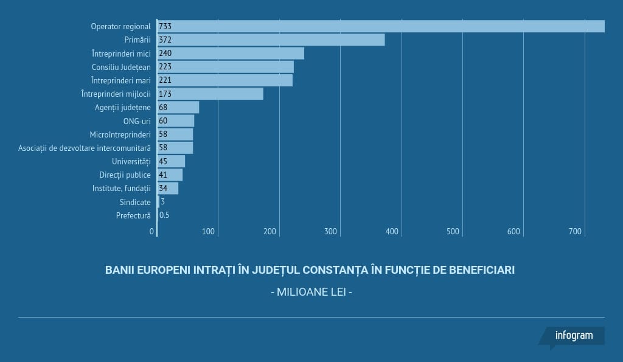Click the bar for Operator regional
point(381,26)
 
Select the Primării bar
point(271,40)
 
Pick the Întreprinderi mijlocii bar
point(211,94)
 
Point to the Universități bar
point(172,161)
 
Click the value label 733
point(165,26)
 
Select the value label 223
point(165,67)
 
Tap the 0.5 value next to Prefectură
point(164,215)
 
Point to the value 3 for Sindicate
point(162,201)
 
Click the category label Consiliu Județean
point(121,67)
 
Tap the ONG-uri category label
point(137,121)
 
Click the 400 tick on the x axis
point(392,231)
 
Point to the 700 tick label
point(575,231)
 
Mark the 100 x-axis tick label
point(209,231)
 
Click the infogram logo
point(573,336)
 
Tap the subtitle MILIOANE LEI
point(311,292)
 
